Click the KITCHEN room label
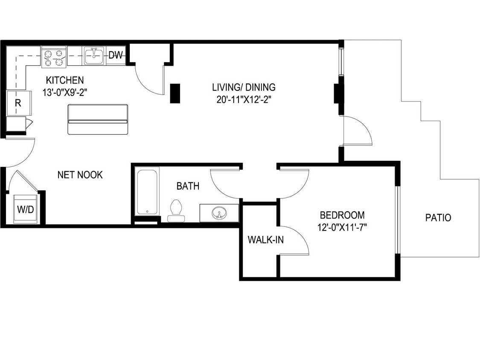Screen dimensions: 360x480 point(65,80)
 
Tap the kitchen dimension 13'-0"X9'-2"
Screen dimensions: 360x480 point(65,92)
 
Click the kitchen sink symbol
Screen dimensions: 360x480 point(93,56)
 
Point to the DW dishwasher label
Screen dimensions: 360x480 point(116,55)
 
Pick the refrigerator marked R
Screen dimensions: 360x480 point(18,103)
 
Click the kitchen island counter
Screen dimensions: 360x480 point(98,119)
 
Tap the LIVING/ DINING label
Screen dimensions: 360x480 point(244,87)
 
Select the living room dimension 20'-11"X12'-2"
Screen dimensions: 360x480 point(244,99)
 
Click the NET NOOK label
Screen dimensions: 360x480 point(80,174)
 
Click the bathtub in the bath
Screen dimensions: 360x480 point(147,191)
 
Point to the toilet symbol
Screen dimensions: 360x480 point(176,210)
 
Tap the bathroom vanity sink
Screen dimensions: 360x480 point(219,212)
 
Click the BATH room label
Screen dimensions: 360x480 point(188,186)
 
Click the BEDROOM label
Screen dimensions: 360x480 point(342,215)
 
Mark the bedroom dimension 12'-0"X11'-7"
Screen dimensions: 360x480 point(342,227)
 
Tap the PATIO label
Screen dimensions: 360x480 point(438,218)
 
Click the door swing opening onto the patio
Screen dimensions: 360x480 point(358,131)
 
